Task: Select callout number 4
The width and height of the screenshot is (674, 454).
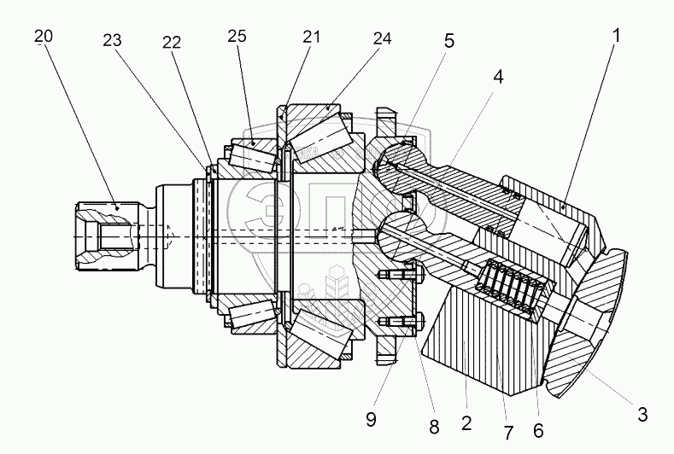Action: (496, 75)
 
